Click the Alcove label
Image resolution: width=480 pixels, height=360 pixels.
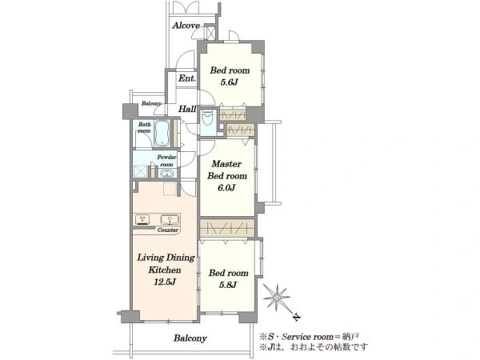[x=186, y=26]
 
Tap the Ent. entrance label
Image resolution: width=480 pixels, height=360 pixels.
[x=187, y=78]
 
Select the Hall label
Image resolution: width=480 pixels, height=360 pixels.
[x=187, y=109]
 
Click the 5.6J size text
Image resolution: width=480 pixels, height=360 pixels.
[x=230, y=82]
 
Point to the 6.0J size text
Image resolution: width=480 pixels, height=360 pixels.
[x=226, y=188]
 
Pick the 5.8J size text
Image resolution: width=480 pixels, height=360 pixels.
[x=228, y=285]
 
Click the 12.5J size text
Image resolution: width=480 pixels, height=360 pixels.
[x=165, y=282]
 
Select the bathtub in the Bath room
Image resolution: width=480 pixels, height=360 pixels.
[x=162, y=133]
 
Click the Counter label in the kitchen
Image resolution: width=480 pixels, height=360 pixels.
[x=168, y=230]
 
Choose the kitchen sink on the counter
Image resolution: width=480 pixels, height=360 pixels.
[x=170, y=220]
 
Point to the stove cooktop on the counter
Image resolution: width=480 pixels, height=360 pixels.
[x=142, y=220]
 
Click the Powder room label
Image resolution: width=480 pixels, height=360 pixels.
[x=167, y=161]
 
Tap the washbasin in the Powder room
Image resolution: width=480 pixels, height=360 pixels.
[x=167, y=174]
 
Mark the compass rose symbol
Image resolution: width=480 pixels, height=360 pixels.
[x=277, y=298]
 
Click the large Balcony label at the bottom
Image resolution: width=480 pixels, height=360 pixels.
[x=190, y=338]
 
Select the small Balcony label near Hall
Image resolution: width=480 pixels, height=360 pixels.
[x=151, y=104]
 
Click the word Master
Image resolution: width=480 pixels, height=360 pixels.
[x=226, y=164]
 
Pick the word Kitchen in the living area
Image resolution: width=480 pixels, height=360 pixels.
[x=165, y=270]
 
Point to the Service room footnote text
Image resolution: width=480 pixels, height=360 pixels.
[x=309, y=337]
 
